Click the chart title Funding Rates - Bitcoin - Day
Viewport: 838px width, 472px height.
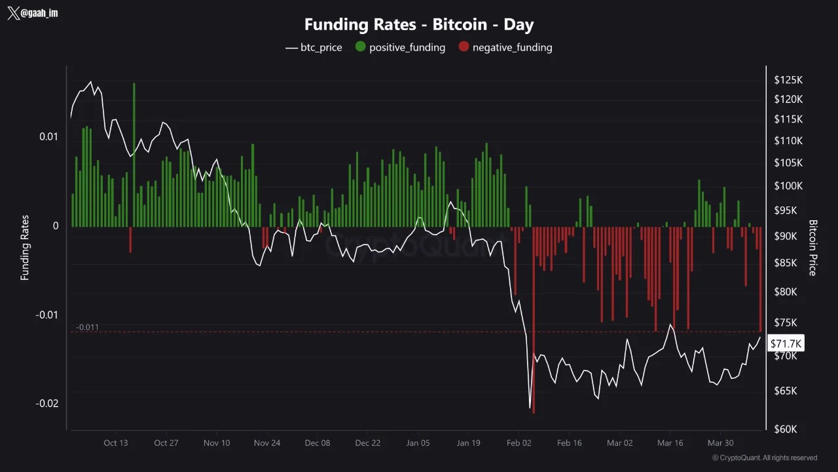[419, 25]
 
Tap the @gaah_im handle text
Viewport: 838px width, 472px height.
[39, 13]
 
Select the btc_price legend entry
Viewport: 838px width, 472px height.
[314, 47]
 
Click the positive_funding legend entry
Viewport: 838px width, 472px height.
[400, 47]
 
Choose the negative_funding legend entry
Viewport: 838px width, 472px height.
[505, 47]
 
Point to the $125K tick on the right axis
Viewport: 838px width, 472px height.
[788, 80]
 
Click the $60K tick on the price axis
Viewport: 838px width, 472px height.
[786, 429]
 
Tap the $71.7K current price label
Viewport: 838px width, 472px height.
[786, 344]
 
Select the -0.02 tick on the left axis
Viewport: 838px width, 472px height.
[46, 403]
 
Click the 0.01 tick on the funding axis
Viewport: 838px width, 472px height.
[49, 136]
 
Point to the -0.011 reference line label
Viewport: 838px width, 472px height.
[87, 327]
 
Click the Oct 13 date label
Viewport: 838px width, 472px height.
[116, 442]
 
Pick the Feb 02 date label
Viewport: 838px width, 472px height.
[519, 442]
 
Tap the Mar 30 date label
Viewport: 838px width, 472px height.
[720, 442]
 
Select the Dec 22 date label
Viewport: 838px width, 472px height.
[367, 442]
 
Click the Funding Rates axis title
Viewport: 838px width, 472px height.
[25, 248]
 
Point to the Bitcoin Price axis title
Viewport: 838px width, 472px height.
[813, 248]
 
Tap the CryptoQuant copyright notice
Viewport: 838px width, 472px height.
[765, 458]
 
